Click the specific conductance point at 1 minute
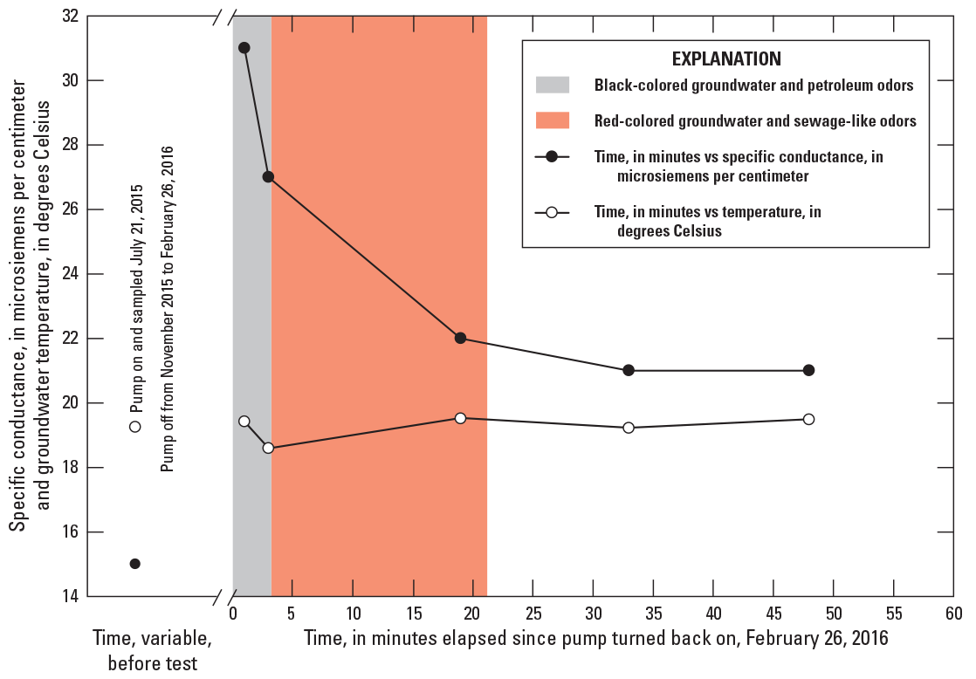tap(244, 48)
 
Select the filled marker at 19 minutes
tap(460, 338)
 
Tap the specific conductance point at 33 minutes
tap(629, 370)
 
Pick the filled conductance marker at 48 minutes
tap(808, 370)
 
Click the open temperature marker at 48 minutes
tap(808, 419)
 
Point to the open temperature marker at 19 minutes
tap(460, 418)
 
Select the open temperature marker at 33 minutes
tap(629, 428)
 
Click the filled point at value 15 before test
tap(135, 564)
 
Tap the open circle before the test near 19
tap(135, 427)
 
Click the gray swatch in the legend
tap(552, 85)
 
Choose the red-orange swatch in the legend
tap(552, 120)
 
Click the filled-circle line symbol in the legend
tap(552, 156)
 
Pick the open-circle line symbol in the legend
tap(552, 212)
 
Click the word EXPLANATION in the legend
tap(725, 59)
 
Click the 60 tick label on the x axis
tap(952, 614)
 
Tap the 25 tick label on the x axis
tap(533, 614)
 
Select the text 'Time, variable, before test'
tap(153, 651)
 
